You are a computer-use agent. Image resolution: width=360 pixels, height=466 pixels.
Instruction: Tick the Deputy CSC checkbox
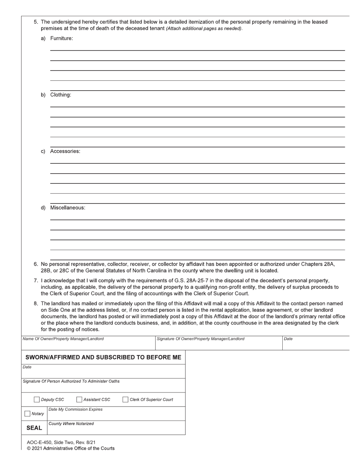[36, 399]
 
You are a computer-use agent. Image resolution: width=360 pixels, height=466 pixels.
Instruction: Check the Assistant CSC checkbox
[79, 399]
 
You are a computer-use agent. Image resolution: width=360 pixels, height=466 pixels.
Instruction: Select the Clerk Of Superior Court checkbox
[125, 399]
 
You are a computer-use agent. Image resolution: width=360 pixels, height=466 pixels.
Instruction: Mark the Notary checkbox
[27, 414]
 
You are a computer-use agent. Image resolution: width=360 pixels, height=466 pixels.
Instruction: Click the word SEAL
[34, 428]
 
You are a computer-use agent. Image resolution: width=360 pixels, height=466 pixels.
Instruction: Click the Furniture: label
[61, 38]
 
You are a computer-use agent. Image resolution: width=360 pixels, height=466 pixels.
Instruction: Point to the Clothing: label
[61, 95]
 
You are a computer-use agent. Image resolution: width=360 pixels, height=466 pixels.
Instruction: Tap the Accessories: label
[65, 151]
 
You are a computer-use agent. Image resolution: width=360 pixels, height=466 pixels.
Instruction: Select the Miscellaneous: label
[67, 208]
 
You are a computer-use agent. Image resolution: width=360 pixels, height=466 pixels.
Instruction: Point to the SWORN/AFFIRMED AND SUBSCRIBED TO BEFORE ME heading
[103, 357]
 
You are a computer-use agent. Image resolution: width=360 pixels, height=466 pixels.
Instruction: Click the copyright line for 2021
[70, 449]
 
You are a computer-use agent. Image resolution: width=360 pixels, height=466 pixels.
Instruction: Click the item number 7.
[36, 281]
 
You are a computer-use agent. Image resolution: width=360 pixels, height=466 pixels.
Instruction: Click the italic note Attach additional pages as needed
[204, 28]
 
